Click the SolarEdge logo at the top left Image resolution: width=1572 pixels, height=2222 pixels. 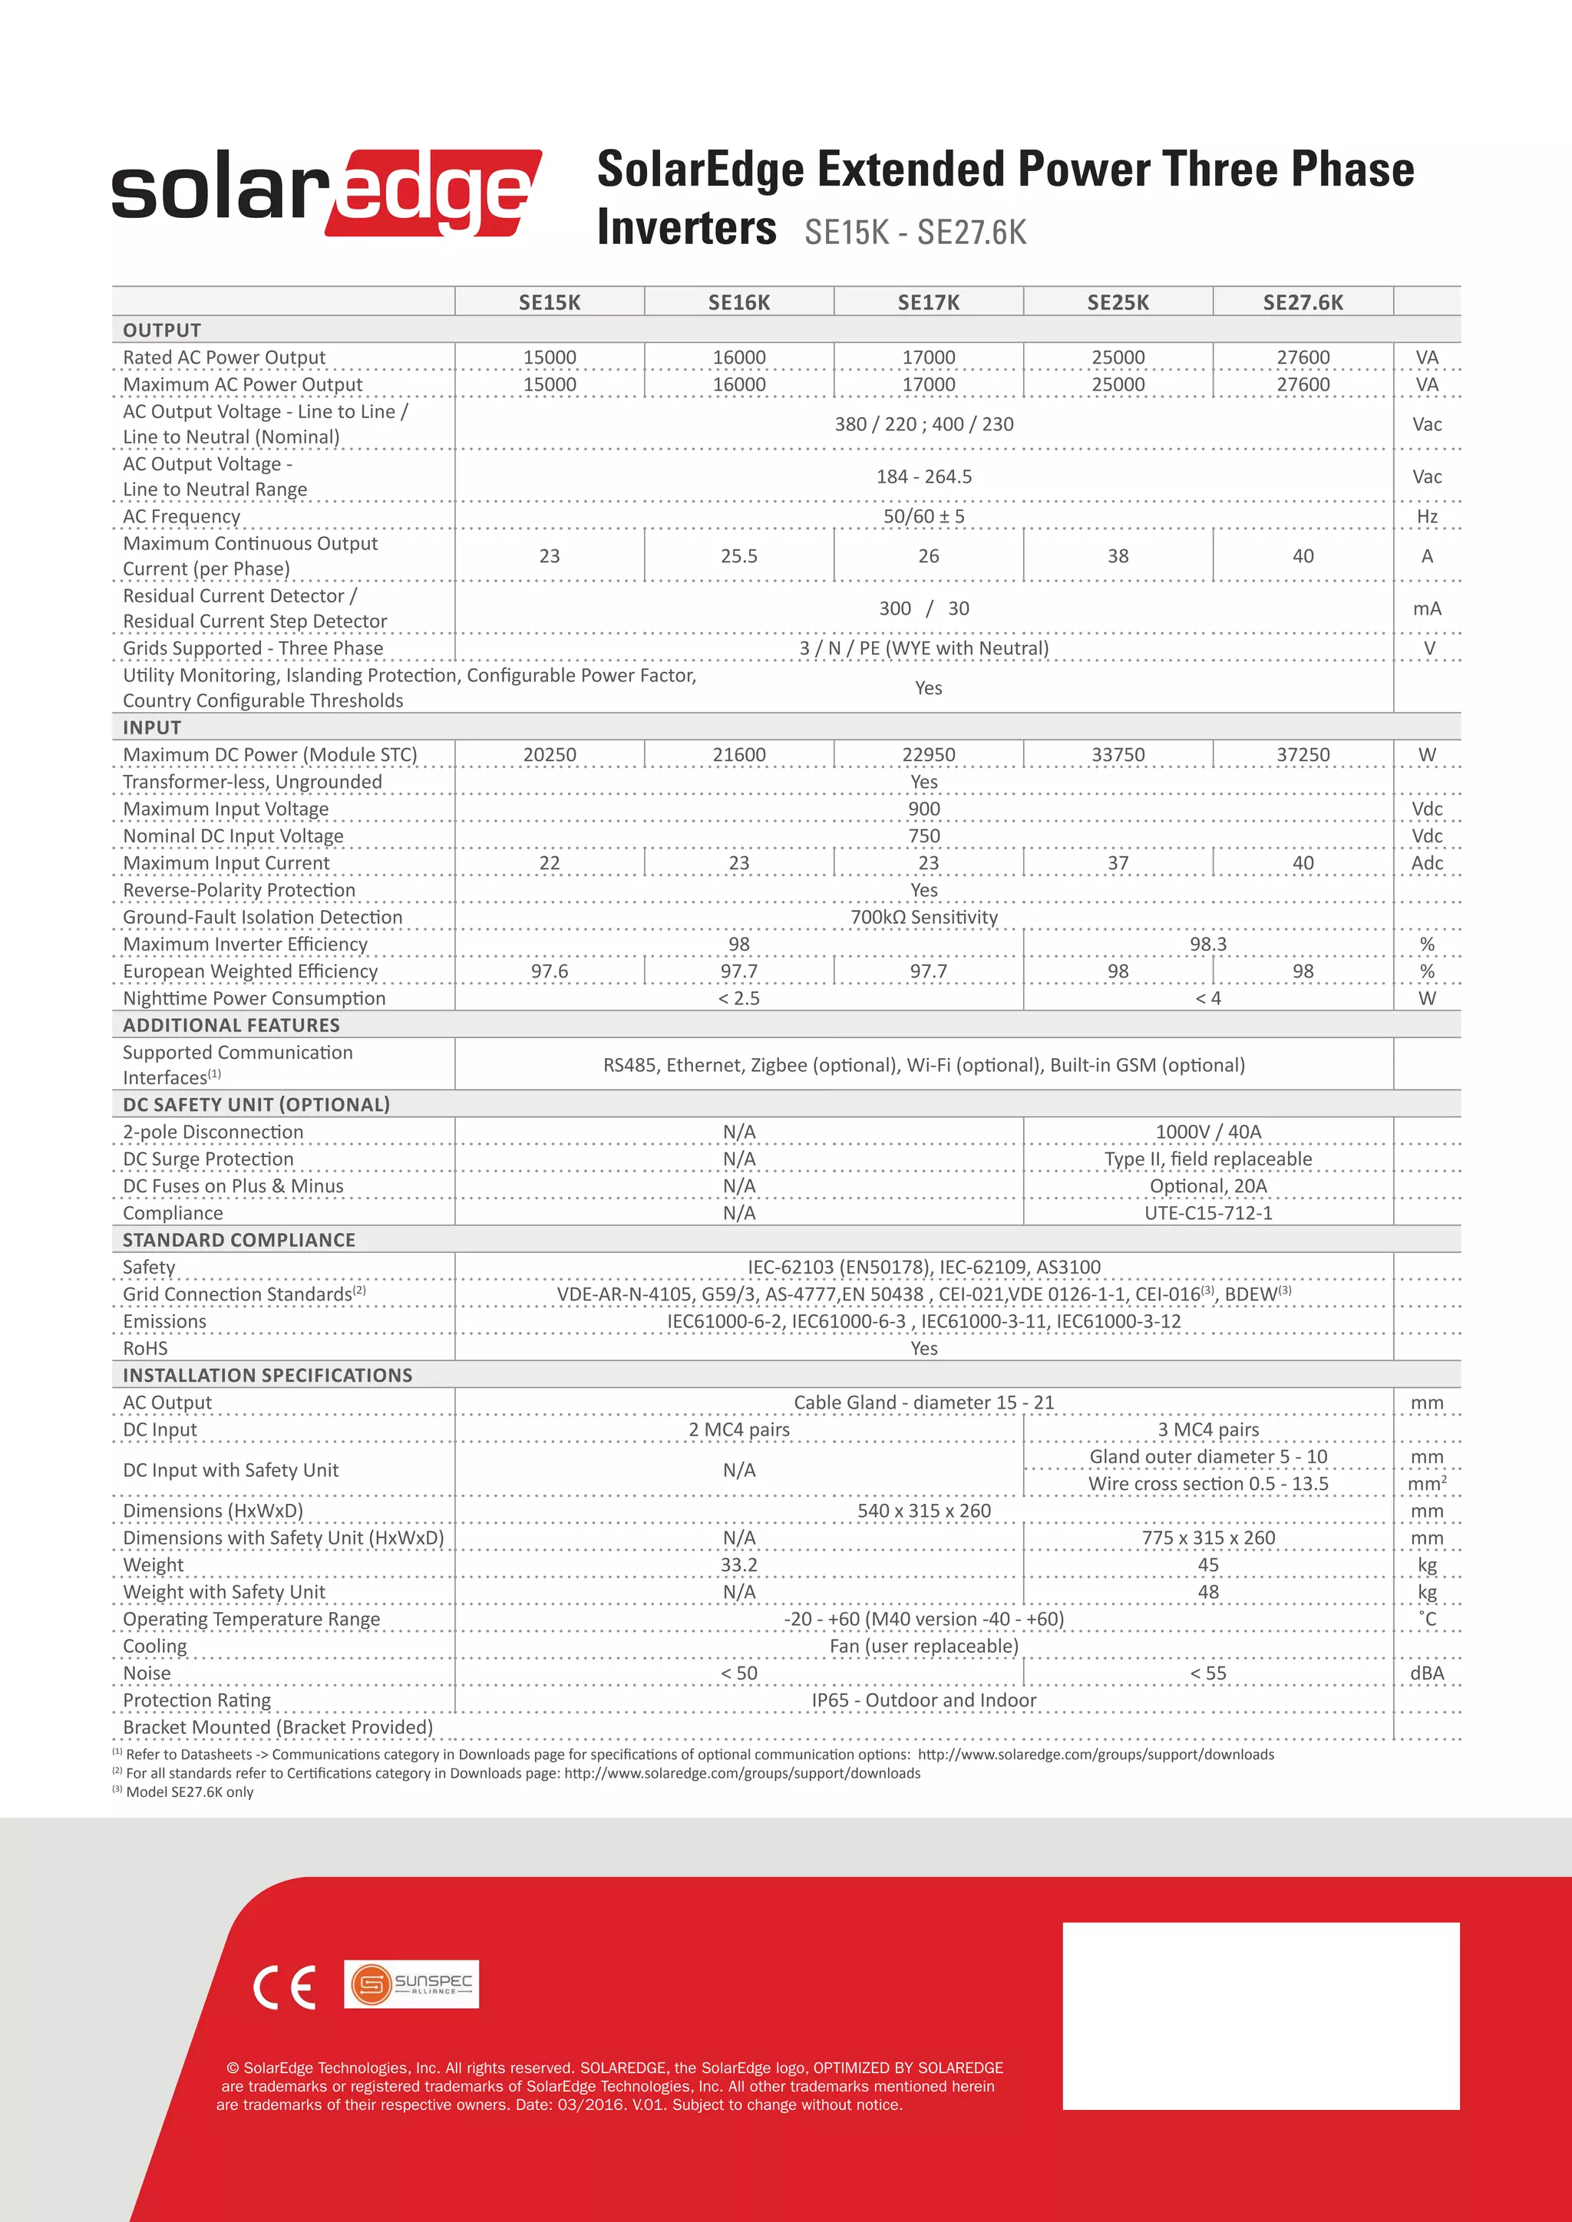pyautogui.click(x=326, y=192)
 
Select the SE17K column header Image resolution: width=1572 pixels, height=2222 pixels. pyautogui.click(x=927, y=302)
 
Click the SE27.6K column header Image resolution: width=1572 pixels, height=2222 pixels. pyautogui.click(x=1302, y=302)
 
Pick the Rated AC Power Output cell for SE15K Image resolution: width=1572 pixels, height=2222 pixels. pyautogui.click(x=549, y=357)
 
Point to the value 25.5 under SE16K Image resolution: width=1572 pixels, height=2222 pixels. pyautogui.click(x=738, y=555)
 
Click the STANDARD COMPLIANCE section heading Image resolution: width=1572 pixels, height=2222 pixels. pyautogui.click(x=238, y=1240)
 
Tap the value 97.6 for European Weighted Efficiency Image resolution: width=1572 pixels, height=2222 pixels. pyautogui.click(x=549, y=971)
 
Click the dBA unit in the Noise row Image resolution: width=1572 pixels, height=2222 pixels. pyautogui.click(x=1426, y=1673)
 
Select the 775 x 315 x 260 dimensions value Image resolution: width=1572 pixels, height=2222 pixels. pyautogui.click(x=1207, y=1537)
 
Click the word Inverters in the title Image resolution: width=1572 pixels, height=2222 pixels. pyautogui.click(x=686, y=229)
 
